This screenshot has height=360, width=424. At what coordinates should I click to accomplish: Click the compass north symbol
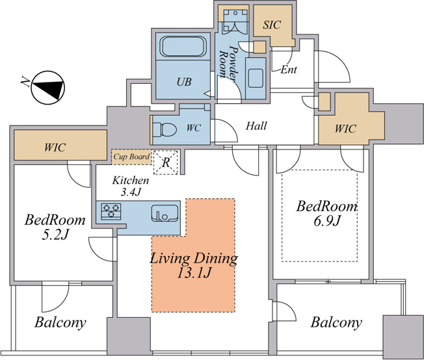click(x=48, y=88)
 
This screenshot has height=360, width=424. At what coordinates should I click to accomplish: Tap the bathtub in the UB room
click(x=183, y=46)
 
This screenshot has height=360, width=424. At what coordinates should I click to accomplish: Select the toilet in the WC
click(x=165, y=129)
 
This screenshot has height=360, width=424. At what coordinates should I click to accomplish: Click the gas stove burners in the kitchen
click(x=111, y=211)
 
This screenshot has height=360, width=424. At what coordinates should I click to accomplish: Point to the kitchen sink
click(x=165, y=213)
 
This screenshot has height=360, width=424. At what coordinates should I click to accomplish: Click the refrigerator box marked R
click(x=166, y=162)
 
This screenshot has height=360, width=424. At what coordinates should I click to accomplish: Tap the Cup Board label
click(x=131, y=157)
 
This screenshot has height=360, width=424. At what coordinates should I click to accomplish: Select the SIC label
click(x=272, y=25)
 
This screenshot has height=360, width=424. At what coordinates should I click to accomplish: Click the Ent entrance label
click(x=289, y=70)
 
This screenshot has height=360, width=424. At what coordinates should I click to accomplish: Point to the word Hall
click(x=256, y=125)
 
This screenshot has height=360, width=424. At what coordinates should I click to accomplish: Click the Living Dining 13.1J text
click(x=194, y=265)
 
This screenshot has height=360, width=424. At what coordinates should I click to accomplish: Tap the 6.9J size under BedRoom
click(x=326, y=221)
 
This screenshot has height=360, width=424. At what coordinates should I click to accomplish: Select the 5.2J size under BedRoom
click(x=55, y=235)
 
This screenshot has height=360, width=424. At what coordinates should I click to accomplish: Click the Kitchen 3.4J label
click(x=131, y=186)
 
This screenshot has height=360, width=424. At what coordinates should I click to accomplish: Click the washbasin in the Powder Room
click(x=256, y=78)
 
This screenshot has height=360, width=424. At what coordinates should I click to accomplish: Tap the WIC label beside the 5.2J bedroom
click(x=55, y=148)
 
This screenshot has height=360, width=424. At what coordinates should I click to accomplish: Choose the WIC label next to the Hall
click(x=345, y=129)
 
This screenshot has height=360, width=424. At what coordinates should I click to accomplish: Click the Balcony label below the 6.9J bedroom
click(x=336, y=323)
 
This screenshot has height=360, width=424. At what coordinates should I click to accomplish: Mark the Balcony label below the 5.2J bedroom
click(x=60, y=322)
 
